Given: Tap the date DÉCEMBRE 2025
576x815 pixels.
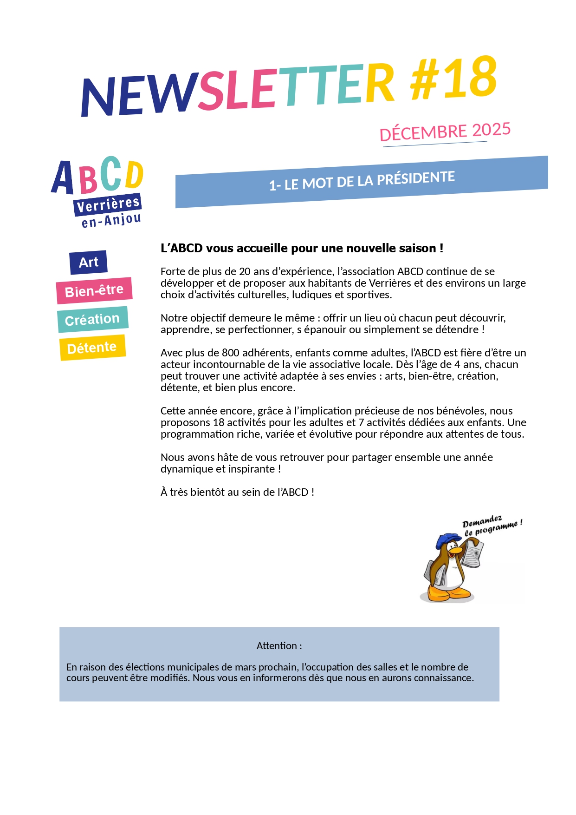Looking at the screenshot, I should tap(445, 131).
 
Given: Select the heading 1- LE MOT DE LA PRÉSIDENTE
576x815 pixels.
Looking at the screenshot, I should tap(362, 180).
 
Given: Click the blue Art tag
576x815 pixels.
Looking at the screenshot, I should tap(88, 262).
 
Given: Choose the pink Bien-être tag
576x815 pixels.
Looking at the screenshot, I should tap(94, 291).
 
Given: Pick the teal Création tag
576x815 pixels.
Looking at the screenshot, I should tap(92, 319).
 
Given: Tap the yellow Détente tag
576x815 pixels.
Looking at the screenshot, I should tap(92, 348).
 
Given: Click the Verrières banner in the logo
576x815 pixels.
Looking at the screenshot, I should tap(108, 204).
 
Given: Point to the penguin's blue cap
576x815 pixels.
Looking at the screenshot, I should tap(447, 540).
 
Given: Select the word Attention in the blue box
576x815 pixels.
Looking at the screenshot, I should tap(277, 646).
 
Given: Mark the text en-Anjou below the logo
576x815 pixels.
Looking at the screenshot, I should tap(111, 220).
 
